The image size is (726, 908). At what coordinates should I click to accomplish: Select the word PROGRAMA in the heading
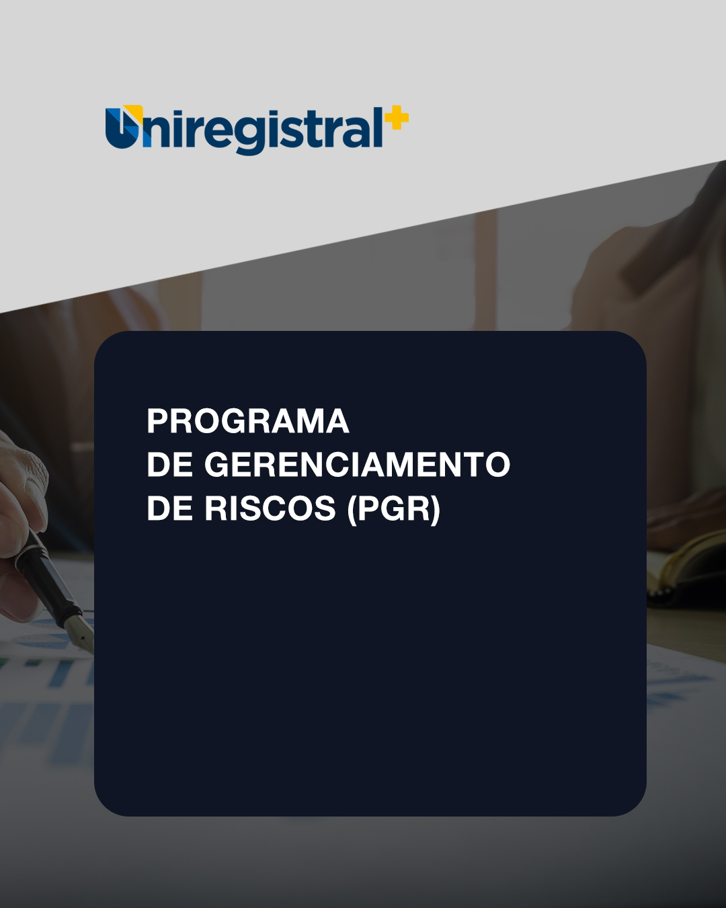pos(248,422)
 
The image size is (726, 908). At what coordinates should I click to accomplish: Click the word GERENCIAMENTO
pos(357,465)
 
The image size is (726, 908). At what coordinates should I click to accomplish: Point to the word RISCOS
pos(270,508)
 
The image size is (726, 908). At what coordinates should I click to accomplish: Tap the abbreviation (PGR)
pos(394,509)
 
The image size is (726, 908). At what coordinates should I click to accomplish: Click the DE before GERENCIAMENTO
pos(169,465)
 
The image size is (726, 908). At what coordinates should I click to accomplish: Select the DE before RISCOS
pos(169,508)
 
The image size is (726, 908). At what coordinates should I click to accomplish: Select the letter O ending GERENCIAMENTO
pos(497,465)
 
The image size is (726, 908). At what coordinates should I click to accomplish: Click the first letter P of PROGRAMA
pos(158,422)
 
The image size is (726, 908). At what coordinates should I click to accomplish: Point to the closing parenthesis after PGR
pos(435,509)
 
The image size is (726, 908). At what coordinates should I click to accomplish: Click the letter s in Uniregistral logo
pos(294,133)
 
